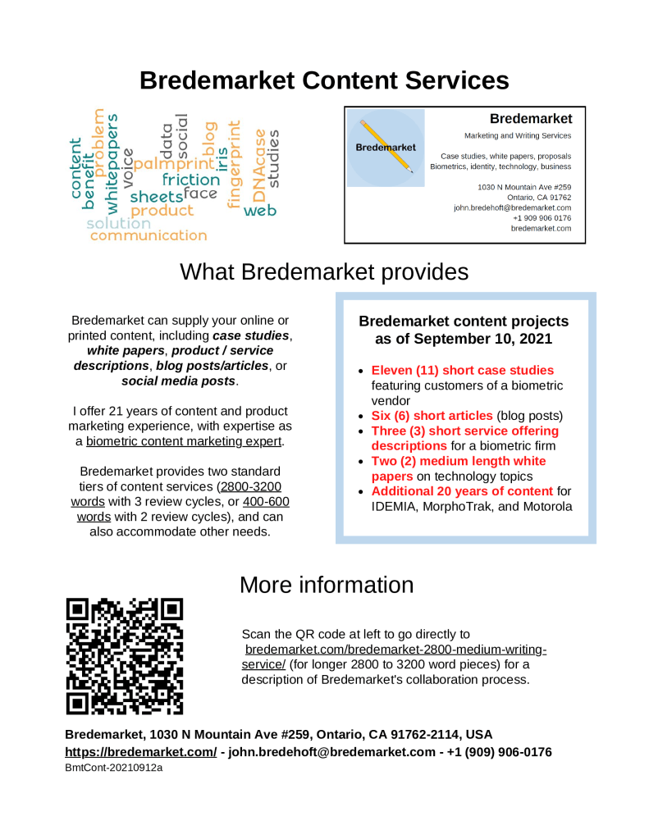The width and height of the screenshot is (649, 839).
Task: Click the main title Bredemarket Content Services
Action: pyautogui.click(x=324, y=80)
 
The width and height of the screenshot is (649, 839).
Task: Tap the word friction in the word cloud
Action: pyautogui.click(x=190, y=180)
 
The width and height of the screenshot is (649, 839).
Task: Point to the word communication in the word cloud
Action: pyautogui.click(x=149, y=235)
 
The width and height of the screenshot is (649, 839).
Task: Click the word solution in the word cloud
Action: pyautogui.click(x=118, y=223)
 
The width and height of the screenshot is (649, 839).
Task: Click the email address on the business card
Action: pyautogui.click(x=512, y=208)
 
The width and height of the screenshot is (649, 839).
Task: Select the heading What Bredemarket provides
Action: pyautogui.click(x=324, y=271)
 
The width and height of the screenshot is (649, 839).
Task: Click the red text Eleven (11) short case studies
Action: pyautogui.click(x=462, y=371)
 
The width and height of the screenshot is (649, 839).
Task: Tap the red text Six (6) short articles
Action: pyautogui.click(x=432, y=416)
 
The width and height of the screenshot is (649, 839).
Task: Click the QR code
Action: pyautogui.click(x=125, y=656)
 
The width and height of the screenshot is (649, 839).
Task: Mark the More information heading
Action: pyautogui.click(x=326, y=585)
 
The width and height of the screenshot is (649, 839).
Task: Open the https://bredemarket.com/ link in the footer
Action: pyautogui.click(x=140, y=752)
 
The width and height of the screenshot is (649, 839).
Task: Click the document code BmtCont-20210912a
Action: pyautogui.click(x=113, y=768)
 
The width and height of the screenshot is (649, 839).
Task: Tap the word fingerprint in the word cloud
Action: pyautogui.click(x=235, y=164)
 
